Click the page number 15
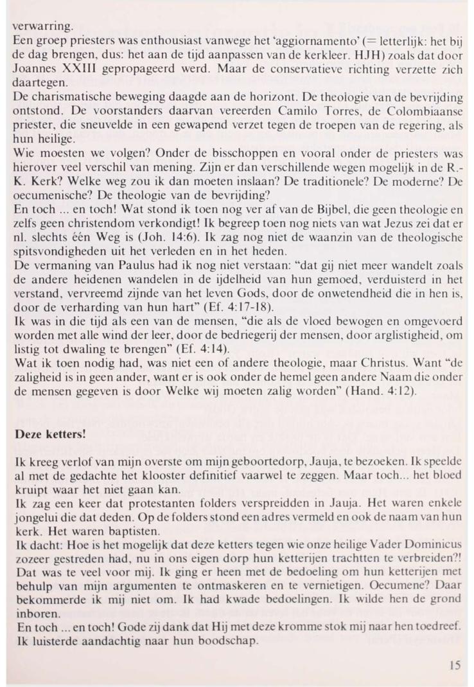point(455,666)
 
